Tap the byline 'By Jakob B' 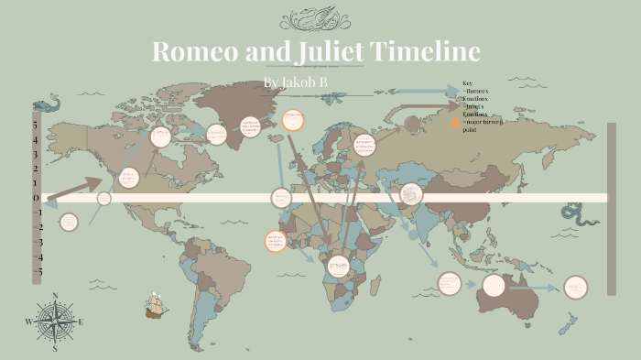click(x=295, y=83)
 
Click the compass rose click(x=55, y=322)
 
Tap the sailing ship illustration click(x=157, y=306)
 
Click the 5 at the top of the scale click(x=35, y=125)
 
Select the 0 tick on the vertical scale click(x=35, y=198)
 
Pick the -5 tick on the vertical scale click(x=37, y=272)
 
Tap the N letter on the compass click(x=55, y=295)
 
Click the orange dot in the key click(x=455, y=122)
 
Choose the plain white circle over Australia click(x=494, y=286)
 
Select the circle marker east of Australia click(x=575, y=287)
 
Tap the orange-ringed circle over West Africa click(x=274, y=241)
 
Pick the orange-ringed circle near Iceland click(x=293, y=119)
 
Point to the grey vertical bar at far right click(x=611, y=210)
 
